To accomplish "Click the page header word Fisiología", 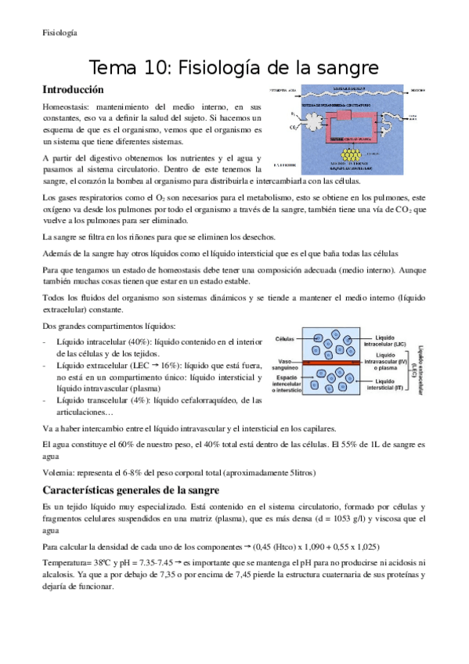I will click(60, 32).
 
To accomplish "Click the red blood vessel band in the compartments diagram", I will click(329, 363).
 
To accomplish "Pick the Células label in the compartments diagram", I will click(285, 339).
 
